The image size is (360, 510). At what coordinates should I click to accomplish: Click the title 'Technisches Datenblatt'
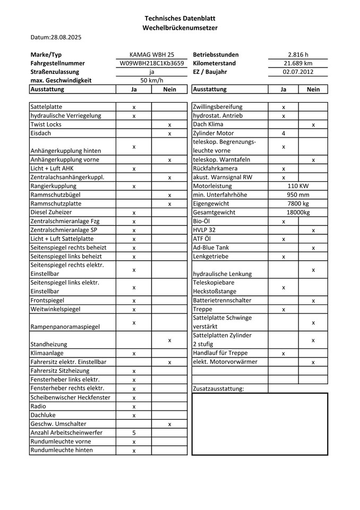179,19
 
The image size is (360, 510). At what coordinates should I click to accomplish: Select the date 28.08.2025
66,37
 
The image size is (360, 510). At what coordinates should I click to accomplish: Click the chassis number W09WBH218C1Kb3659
152,63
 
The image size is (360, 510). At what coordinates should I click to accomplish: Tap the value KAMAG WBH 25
152,55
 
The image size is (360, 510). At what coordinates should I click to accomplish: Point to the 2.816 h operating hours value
298,55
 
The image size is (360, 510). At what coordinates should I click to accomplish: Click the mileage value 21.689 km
298,63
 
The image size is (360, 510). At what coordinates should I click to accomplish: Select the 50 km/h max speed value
152,80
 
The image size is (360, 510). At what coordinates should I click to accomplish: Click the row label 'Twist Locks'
46,124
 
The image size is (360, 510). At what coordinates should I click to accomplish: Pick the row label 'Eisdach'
41,133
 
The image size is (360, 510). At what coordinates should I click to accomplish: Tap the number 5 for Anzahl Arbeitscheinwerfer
134,433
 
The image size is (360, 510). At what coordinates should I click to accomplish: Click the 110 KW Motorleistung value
298,186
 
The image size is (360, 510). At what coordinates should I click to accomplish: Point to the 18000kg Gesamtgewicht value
298,212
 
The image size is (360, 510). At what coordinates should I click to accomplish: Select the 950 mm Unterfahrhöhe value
298,195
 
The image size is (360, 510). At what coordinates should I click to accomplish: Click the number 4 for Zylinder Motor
284,133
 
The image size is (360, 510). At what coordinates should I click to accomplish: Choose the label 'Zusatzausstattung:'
218,388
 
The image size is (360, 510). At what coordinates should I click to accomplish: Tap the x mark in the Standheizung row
169,340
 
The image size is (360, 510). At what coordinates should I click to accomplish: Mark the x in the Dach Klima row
313,125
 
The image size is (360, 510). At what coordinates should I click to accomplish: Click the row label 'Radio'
39,406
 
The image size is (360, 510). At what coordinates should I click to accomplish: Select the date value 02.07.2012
298,72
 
